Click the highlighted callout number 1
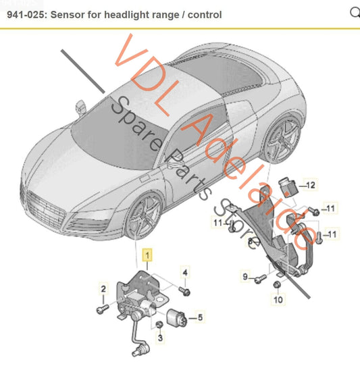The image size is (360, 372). point(147,255)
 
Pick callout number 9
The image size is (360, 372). point(245,276)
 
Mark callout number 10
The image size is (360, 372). point(278,299)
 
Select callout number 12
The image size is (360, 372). point(310,184)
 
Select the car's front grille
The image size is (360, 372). point(45,209)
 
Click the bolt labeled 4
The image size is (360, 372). point(185,290)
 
